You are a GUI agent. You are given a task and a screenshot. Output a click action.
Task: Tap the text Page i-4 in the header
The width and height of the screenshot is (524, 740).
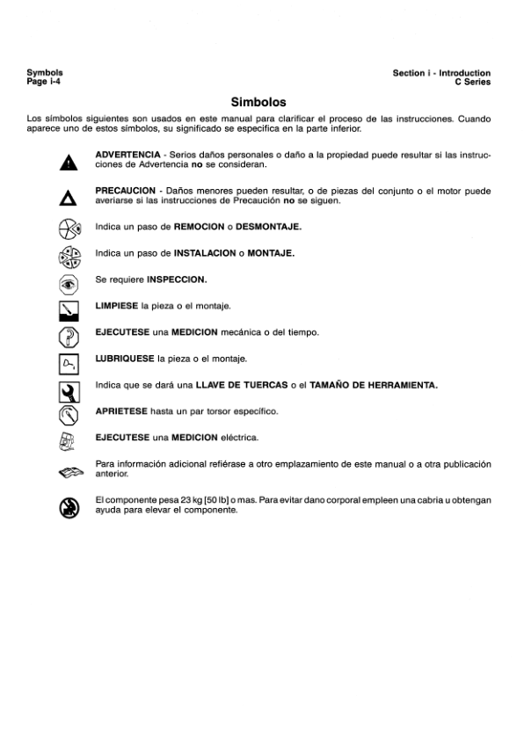pyautogui.click(x=43, y=81)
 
